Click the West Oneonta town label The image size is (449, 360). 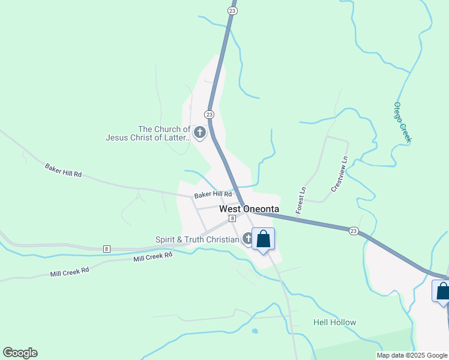coord(249,209)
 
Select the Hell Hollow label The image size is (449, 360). coord(334,322)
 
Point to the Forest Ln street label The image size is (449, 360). coord(301,200)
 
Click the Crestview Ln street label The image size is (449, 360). coord(339,175)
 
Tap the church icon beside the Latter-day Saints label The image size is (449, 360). coord(199,132)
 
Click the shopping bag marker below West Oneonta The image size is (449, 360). coord(263,239)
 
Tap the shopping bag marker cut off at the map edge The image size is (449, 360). coord(442,292)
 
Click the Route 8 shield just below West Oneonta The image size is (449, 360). coord(232,219)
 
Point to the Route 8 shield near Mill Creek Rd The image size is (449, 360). coord(106,248)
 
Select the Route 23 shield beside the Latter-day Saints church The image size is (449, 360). coord(208,114)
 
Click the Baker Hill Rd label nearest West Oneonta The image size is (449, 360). coord(212,194)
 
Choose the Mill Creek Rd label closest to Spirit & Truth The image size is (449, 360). coord(152,257)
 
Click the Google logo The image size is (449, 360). coord(20,353)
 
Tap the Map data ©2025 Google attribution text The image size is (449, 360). coord(412,355)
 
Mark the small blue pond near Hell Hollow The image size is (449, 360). coord(255,331)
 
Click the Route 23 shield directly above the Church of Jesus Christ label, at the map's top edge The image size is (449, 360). coord(232,10)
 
